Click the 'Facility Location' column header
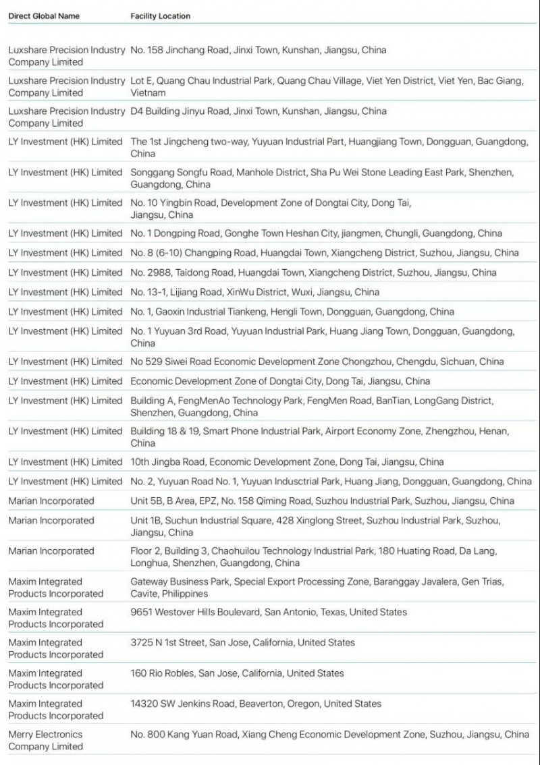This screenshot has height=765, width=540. pyautogui.click(x=161, y=16)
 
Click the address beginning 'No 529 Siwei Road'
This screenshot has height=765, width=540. pyautogui.click(x=317, y=362)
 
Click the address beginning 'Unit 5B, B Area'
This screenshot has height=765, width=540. pyautogui.click(x=322, y=501)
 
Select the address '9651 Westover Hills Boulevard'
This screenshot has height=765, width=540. pyautogui.click(x=269, y=613)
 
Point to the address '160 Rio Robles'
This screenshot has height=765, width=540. pyautogui.click(x=237, y=673)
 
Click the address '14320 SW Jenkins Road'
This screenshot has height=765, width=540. pyautogui.click(x=256, y=704)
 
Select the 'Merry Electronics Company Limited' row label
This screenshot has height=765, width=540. pyautogui.click(x=45, y=740)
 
